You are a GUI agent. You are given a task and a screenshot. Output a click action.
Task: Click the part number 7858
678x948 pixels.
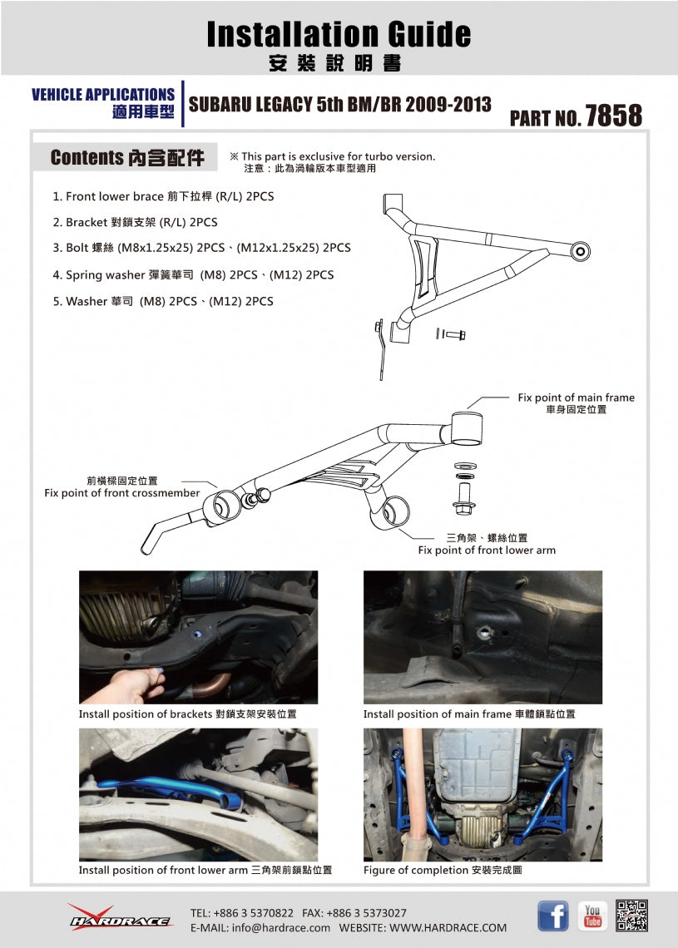tap(613, 116)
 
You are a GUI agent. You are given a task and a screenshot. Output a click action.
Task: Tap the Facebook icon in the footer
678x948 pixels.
tap(553, 916)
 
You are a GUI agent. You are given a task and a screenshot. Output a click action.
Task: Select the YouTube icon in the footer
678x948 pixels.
tap(592, 916)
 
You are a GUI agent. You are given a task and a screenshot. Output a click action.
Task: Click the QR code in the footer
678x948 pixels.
tap(631, 916)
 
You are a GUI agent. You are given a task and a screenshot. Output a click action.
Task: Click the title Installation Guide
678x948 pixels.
tap(339, 34)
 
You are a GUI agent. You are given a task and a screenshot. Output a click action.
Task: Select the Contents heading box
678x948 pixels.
tap(125, 157)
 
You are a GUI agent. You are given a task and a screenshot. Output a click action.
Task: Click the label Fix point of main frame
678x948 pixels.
tap(576, 397)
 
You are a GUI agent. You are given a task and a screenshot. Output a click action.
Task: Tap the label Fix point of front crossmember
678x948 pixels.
tap(121, 493)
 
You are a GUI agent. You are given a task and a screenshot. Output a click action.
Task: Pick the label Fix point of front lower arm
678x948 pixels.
tap(487, 551)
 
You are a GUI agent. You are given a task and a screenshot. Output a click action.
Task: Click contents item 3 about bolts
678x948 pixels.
tap(201, 248)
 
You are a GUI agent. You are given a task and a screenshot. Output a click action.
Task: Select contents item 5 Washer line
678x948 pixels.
tap(163, 301)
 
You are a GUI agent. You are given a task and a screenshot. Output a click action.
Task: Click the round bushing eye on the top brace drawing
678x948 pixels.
tap(580, 251)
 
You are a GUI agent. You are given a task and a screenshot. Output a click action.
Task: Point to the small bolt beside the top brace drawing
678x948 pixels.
tap(451, 333)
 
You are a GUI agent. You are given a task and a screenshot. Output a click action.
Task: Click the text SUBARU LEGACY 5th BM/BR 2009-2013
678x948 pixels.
tap(339, 105)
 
